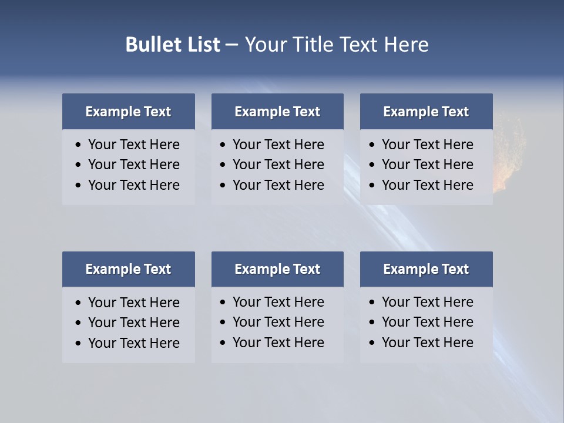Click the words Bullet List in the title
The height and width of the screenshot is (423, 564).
pos(172,45)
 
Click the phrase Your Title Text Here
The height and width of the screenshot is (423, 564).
pos(336,45)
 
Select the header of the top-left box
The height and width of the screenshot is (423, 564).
pos(128,112)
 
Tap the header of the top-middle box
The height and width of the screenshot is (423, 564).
pos(277,112)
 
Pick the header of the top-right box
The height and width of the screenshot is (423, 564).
pos(426,112)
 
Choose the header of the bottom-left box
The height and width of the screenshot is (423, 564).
pos(128,269)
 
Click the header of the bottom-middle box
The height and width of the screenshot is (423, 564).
pos(277,269)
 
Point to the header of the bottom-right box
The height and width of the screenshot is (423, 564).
pos(426,269)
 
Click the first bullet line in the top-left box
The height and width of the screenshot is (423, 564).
pos(133,145)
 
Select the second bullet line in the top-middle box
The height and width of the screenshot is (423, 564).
pos(278,164)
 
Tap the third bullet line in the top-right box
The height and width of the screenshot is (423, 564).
pos(427,185)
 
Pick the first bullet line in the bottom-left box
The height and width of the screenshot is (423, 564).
pos(133,303)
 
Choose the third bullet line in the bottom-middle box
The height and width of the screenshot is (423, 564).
pos(278,343)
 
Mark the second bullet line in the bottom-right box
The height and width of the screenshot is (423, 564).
pos(427,322)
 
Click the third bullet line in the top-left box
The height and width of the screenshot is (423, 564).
pos(133,185)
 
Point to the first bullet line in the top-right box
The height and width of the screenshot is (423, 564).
pos(427,145)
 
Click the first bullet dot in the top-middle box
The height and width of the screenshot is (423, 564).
pos(223,145)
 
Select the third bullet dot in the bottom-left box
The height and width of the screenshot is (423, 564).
pos(78,343)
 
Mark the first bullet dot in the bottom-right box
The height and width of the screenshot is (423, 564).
pos(372,303)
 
